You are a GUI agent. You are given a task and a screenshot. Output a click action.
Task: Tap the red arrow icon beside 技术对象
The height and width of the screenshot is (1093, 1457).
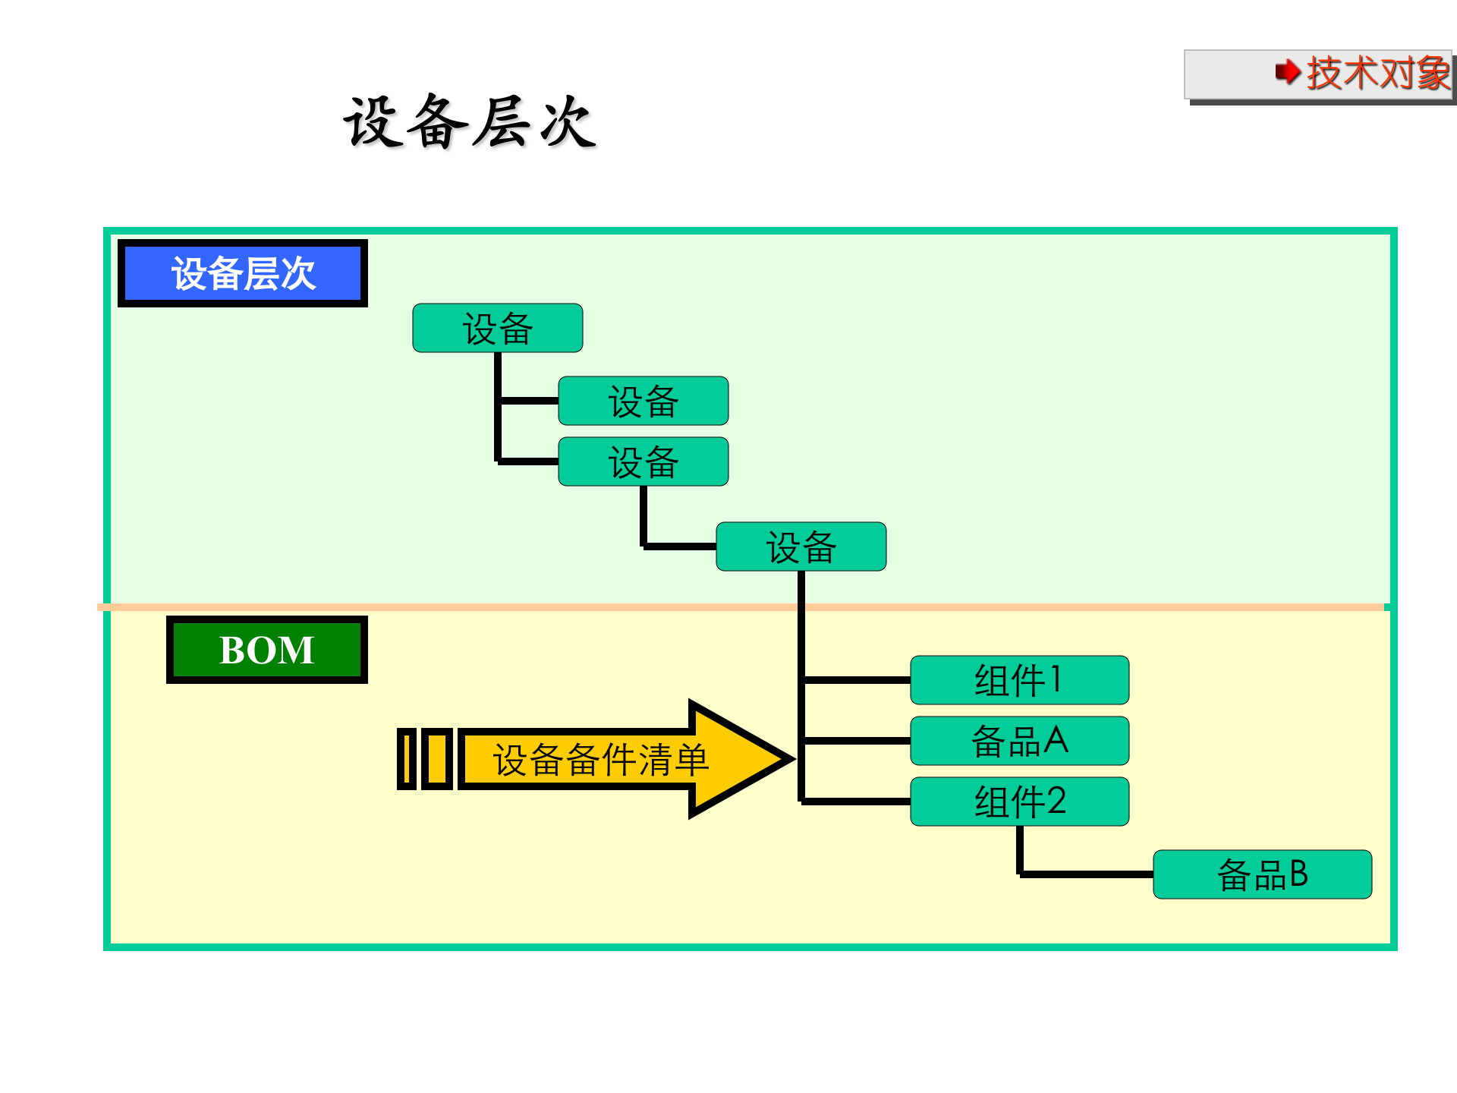pyautogui.click(x=1287, y=73)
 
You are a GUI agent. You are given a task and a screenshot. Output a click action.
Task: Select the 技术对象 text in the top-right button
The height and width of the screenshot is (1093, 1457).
pyautogui.click(x=1377, y=74)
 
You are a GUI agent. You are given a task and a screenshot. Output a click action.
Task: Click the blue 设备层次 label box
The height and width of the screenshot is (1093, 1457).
pyautogui.click(x=243, y=273)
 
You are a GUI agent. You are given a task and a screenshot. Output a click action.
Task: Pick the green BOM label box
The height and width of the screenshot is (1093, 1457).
pyautogui.click(x=267, y=650)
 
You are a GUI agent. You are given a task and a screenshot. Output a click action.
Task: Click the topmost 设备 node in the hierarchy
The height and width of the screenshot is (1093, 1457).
pyautogui.click(x=497, y=328)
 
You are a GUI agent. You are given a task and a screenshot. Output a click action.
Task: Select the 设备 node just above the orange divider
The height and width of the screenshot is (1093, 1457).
pyautogui.click(x=801, y=546)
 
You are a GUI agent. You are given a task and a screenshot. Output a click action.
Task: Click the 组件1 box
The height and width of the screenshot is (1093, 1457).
pyautogui.click(x=1019, y=680)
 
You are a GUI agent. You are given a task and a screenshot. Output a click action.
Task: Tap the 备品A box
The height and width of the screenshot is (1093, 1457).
pyautogui.click(x=1019, y=741)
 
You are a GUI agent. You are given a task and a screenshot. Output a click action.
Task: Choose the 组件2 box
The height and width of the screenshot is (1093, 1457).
pyautogui.click(x=1019, y=802)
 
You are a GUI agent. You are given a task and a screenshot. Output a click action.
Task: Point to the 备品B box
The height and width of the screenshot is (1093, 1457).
pyautogui.click(x=1262, y=874)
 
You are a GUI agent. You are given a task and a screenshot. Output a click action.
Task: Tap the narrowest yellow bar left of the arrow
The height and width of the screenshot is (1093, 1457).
pyautogui.click(x=407, y=759)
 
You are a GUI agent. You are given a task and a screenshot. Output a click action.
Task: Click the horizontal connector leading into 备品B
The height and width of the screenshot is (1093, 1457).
pyautogui.click(x=1085, y=874)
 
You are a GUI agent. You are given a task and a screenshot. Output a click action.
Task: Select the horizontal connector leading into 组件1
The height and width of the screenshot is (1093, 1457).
pyautogui.click(x=856, y=680)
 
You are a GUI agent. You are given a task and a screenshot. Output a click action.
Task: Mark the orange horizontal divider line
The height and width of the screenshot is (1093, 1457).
pyautogui.click(x=455, y=607)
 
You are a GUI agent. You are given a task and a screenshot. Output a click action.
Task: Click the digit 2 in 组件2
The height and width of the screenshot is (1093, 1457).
pyautogui.click(x=1056, y=802)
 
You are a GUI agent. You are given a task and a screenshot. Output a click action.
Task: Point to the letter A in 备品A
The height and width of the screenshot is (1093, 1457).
pyautogui.click(x=1056, y=740)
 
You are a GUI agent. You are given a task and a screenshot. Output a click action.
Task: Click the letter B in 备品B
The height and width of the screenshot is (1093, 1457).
pyautogui.click(x=1298, y=874)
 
